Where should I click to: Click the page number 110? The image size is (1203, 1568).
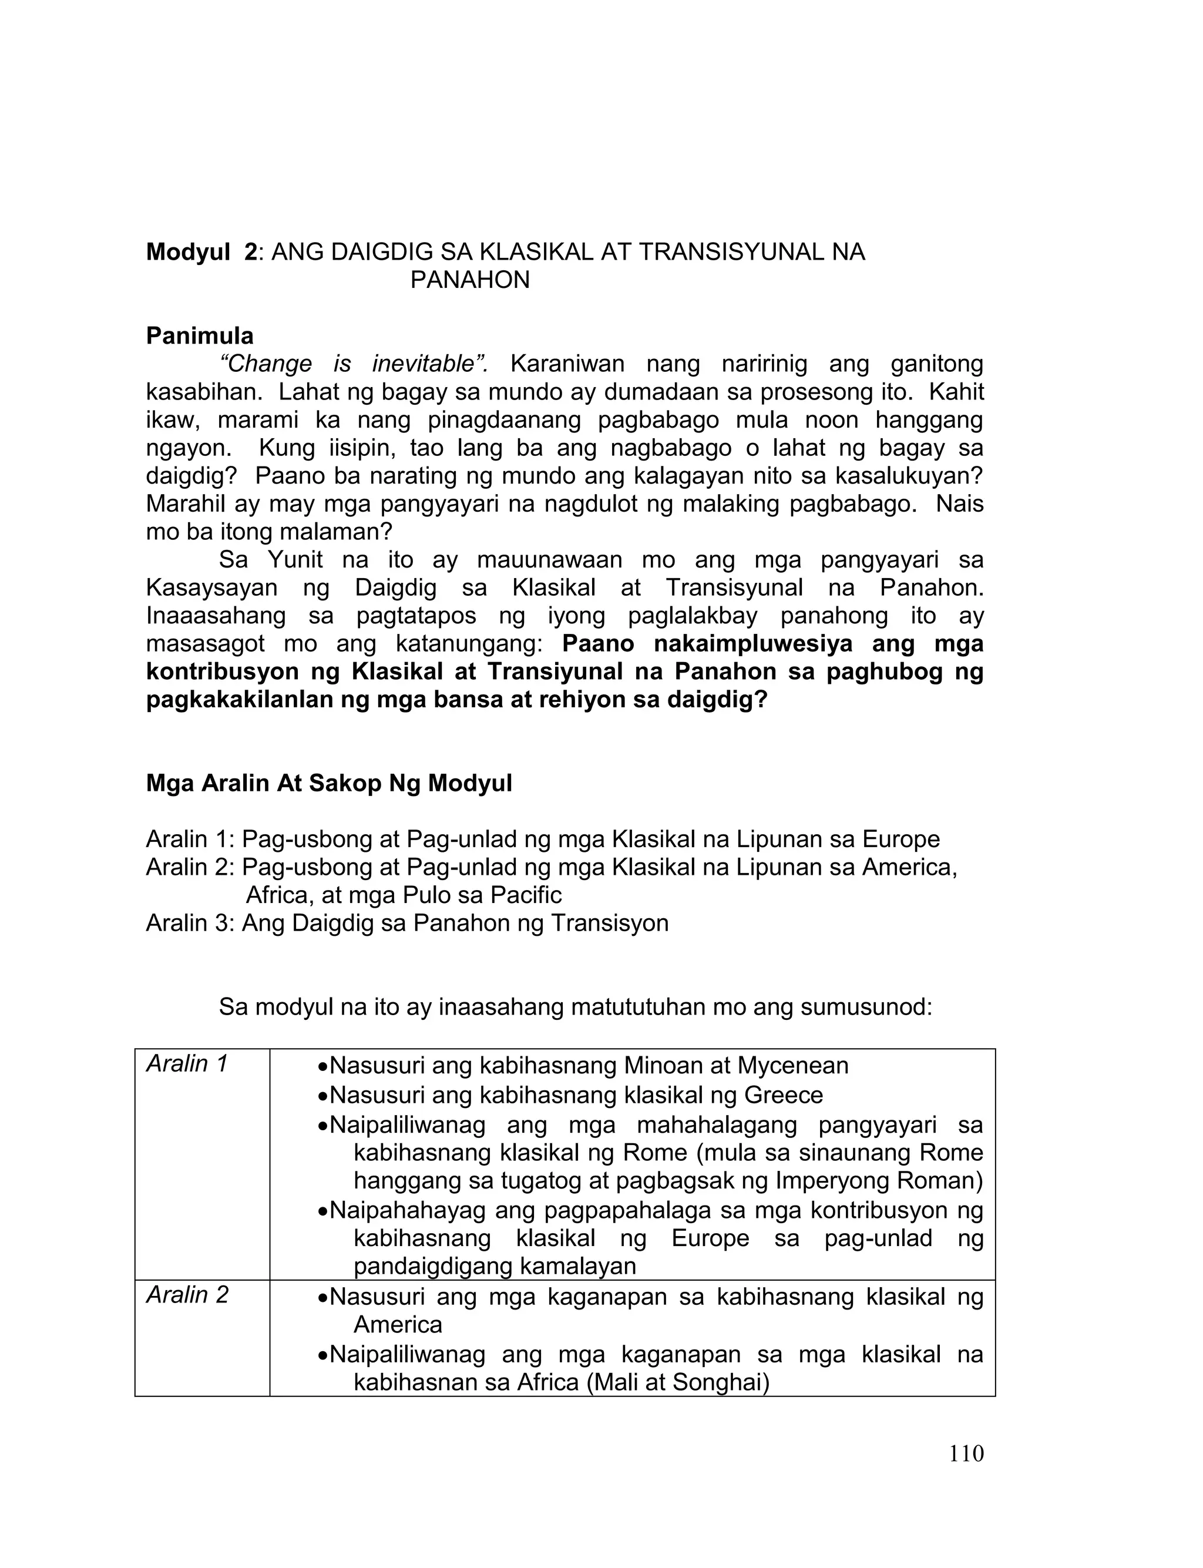click(966, 1454)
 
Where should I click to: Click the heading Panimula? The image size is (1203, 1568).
click(200, 336)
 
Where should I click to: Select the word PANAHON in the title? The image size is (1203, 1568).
click(470, 280)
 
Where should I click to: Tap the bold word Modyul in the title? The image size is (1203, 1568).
click(189, 252)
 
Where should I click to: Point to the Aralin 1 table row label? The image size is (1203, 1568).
click(187, 1064)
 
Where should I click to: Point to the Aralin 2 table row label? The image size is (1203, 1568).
click(187, 1294)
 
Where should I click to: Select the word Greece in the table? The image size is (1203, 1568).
click(784, 1094)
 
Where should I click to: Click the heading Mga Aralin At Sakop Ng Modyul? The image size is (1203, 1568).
click(329, 783)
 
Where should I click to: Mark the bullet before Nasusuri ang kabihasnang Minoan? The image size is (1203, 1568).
click(323, 1067)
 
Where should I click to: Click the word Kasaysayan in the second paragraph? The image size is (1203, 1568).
click(211, 588)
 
